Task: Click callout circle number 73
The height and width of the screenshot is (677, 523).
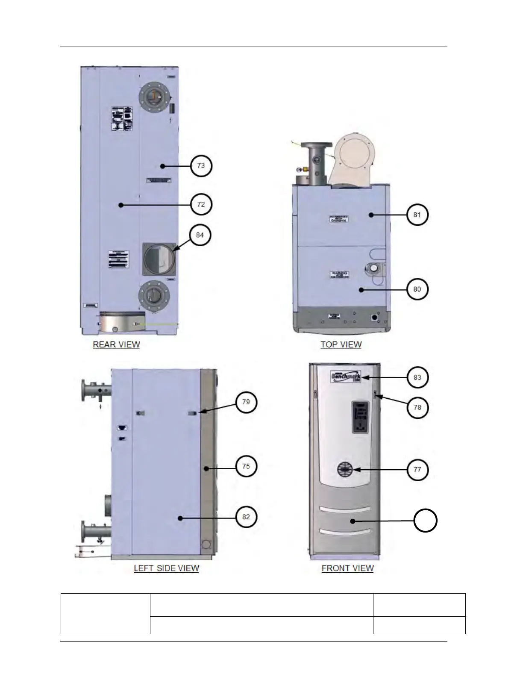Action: pos(201,165)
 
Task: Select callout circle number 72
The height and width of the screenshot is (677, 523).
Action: pos(201,204)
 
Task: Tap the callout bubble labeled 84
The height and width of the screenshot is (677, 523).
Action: pos(200,235)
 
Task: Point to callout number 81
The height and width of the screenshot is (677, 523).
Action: pos(417,215)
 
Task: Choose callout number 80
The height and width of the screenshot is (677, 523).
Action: pos(417,289)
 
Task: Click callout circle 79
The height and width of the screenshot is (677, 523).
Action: pos(246,402)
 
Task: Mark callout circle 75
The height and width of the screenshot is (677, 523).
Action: pos(246,466)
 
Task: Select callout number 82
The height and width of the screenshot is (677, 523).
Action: pos(246,517)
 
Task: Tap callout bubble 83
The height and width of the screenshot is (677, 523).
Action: pos(417,377)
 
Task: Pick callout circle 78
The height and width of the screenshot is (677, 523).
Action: pos(417,407)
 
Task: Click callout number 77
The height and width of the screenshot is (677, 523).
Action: pos(417,469)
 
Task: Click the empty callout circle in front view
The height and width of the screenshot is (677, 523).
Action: pos(425,521)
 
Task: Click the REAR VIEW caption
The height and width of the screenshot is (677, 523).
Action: pos(116,344)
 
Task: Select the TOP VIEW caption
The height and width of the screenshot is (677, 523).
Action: pos(341,344)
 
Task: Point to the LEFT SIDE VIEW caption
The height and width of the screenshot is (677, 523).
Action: pos(166,568)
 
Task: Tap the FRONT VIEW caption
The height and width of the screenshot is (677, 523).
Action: pos(347,568)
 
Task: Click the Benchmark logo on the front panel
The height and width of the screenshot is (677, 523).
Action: pos(346,378)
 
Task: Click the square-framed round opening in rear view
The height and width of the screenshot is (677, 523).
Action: pos(159,259)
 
